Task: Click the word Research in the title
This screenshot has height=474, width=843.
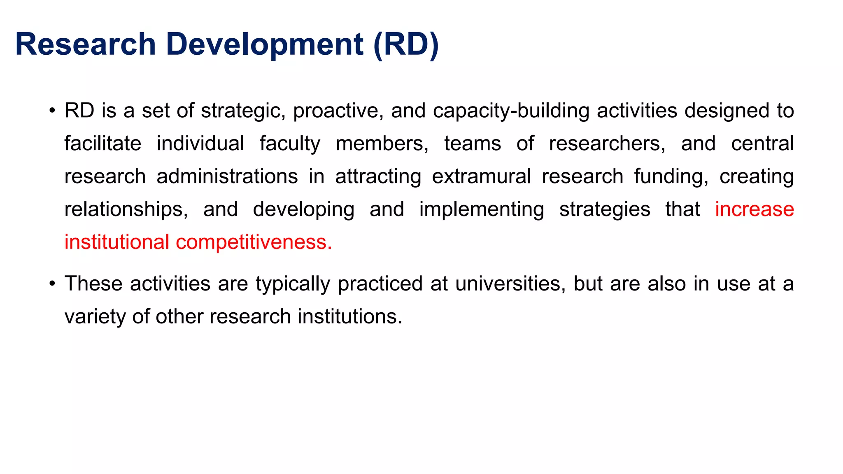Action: pyautogui.click(x=85, y=44)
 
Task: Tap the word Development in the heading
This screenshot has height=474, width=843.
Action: pyautogui.click(x=265, y=44)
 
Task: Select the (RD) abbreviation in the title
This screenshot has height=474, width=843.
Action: pyautogui.click(x=406, y=44)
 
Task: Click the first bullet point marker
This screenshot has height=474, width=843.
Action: pyautogui.click(x=52, y=111)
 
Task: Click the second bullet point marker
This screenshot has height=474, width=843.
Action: pyautogui.click(x=52, y=284)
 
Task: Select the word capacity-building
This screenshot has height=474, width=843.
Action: pyautogui.click(x=511, y=111)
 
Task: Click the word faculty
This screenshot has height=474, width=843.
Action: pyautogui.click(x=290, y=144)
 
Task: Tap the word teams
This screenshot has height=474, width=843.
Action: pyautogui.click(x=473, y=144)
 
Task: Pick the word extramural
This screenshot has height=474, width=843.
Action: pyautogui.click(x=481, y=177)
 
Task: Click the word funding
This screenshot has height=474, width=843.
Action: pyautogui.click(x=671, y=177)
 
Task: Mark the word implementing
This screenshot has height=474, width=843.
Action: pyautogui.click(x=481, y=210)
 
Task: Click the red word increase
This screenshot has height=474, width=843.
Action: pyautogui.click(x=754, y=209)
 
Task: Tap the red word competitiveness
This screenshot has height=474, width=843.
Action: pyautogui.click(x=254, y=242)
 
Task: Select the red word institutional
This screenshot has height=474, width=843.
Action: pyautogui.click(x=117, y=242)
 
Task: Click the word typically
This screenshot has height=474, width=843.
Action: pyautogui.click(x=293, y=284)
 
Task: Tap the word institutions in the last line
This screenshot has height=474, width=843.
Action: pyautogui.click(x=349, y=317)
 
